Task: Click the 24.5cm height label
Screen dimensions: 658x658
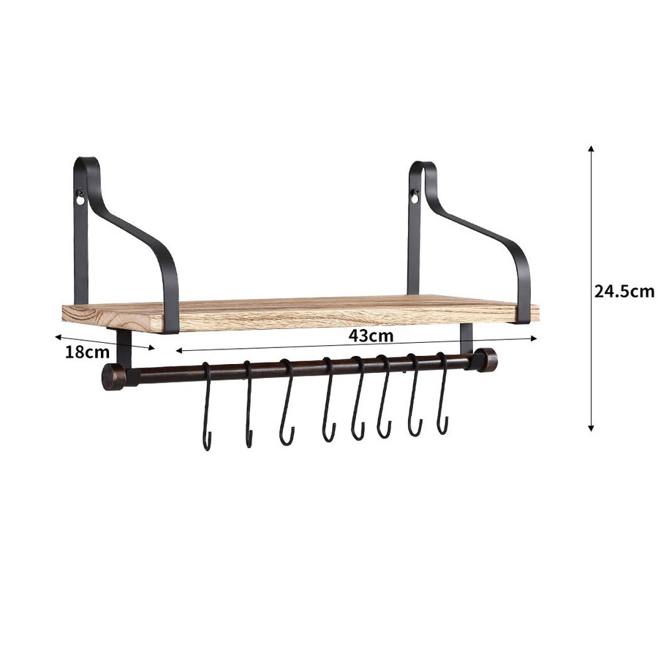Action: (x=624, y=291)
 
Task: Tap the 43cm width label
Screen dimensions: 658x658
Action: (x=370, y=336)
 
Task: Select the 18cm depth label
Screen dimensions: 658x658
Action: (x=86, y=352)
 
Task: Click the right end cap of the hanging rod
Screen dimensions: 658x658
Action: (x=485, y=359)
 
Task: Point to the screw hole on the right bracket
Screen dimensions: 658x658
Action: (x=415, y=197)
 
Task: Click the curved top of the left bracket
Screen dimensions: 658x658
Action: (x=86, y=162)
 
